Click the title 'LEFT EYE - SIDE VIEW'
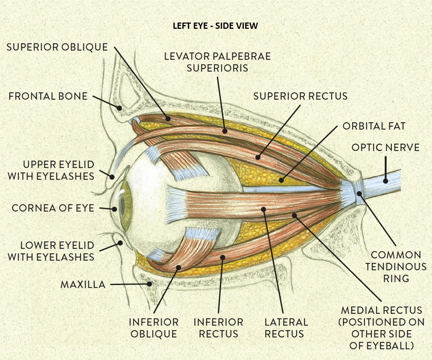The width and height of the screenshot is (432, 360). [215, 26]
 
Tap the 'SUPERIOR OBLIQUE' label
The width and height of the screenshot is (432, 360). [57, 47]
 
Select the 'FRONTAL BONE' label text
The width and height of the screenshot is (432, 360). [48, 96]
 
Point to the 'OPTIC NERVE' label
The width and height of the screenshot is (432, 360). [385, 148]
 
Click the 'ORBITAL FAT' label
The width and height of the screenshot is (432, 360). [374, 126]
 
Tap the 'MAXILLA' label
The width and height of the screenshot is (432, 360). [83, 284]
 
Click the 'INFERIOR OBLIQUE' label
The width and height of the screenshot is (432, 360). [154, 328]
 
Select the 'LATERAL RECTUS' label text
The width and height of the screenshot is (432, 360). [286, 328]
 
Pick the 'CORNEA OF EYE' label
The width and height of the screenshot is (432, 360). [53, 208]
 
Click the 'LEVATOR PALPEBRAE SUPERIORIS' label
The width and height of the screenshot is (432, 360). [217, 62]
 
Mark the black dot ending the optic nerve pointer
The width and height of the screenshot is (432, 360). [385, 181]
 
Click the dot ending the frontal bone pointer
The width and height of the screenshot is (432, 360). [119, 108]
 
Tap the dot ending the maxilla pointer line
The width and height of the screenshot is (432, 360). [150, 284]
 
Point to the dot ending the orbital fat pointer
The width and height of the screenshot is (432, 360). [281, 181]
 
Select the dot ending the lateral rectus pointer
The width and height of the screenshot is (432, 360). [264, 209]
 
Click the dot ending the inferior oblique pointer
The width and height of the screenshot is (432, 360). [178, 267]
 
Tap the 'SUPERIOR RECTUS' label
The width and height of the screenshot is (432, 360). [300, 96]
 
